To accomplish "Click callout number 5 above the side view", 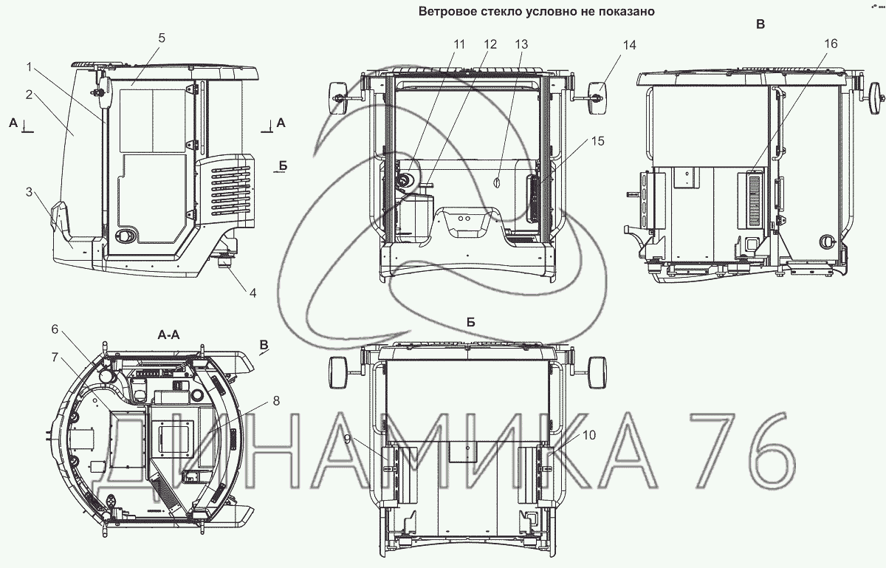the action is (x=162, y=38).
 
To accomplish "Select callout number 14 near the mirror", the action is (x=629, y=45).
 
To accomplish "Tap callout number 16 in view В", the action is (x=831, y=44).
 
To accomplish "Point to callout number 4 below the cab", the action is (x=253, y=293).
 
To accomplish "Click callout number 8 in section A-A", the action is (x=276, y=401).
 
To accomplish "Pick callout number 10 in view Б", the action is (x=589, y=435).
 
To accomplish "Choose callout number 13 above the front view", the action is (x=521, y=44).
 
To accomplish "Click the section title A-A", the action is (x=169, y=335).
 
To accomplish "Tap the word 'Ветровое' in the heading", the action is (x=445, y=12).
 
